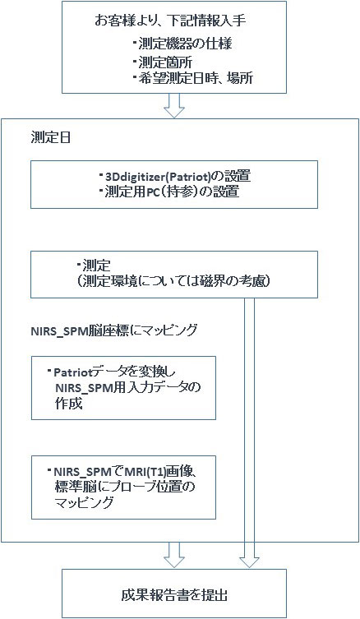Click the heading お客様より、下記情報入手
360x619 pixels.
pos(170,21)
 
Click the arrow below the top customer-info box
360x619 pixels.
pos(174,105)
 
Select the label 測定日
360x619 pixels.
pos(50,138)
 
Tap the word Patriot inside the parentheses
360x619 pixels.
pos(185,176)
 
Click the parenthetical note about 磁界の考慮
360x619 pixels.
pos(173,282)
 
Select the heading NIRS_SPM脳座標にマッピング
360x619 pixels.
pos(113,330)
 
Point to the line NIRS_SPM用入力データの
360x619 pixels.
pos(128,388)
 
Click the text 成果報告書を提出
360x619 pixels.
pos(174,595)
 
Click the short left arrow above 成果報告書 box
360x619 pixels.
pos(174,555)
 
